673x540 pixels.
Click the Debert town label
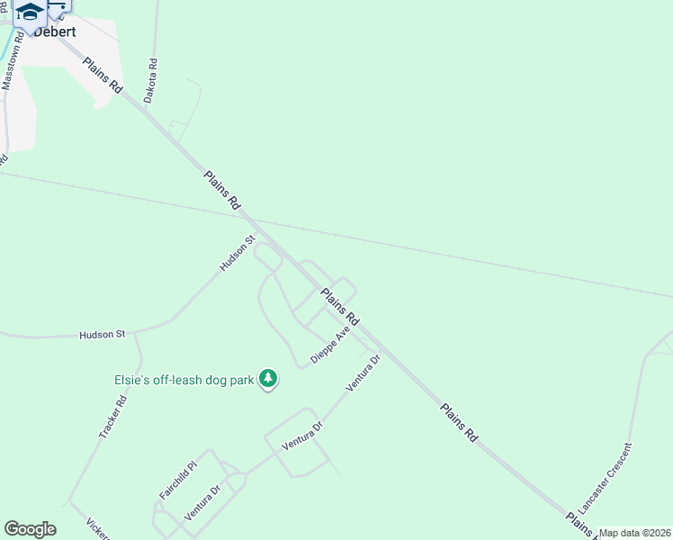(54, 31)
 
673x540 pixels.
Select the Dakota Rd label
(151, 81)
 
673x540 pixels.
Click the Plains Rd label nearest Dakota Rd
(103, 76)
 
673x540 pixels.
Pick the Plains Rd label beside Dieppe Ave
(340, 307)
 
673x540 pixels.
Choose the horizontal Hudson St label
(102, 335)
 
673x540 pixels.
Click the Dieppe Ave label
(330, 346)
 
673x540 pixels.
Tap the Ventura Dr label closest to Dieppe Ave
(363, 373)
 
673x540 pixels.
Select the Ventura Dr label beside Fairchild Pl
(202, 502)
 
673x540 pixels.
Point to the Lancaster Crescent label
(606, 478)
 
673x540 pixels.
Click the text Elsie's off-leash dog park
(184, 380)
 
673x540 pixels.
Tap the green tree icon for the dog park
(267, 380)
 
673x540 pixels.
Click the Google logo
(30, 529)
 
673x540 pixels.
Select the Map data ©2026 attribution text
(634, 533)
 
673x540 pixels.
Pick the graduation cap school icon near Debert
(31, 13)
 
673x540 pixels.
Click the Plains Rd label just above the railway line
(221, 192)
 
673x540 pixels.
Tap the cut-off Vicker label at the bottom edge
(97, 530)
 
